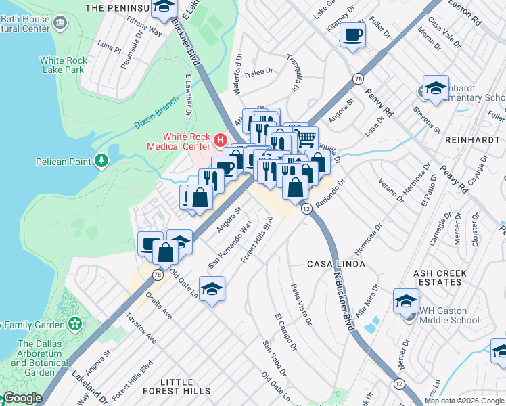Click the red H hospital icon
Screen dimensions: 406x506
(x=220, y=141)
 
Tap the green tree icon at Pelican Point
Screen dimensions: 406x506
(x=101, y=161)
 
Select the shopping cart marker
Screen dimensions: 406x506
(x=306, y=138)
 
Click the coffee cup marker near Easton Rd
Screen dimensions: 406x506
(x=352, y=35)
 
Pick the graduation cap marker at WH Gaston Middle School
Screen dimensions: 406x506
(x=406, y=300)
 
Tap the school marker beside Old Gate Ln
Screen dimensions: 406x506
(x=212, y=289)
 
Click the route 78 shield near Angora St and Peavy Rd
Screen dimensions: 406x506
(x=356, y=80)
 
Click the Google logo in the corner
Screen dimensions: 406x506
(x=22, y=399)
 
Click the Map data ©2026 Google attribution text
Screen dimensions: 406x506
(x=464, y=401)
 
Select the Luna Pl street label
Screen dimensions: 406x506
(x=108, y=49)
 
